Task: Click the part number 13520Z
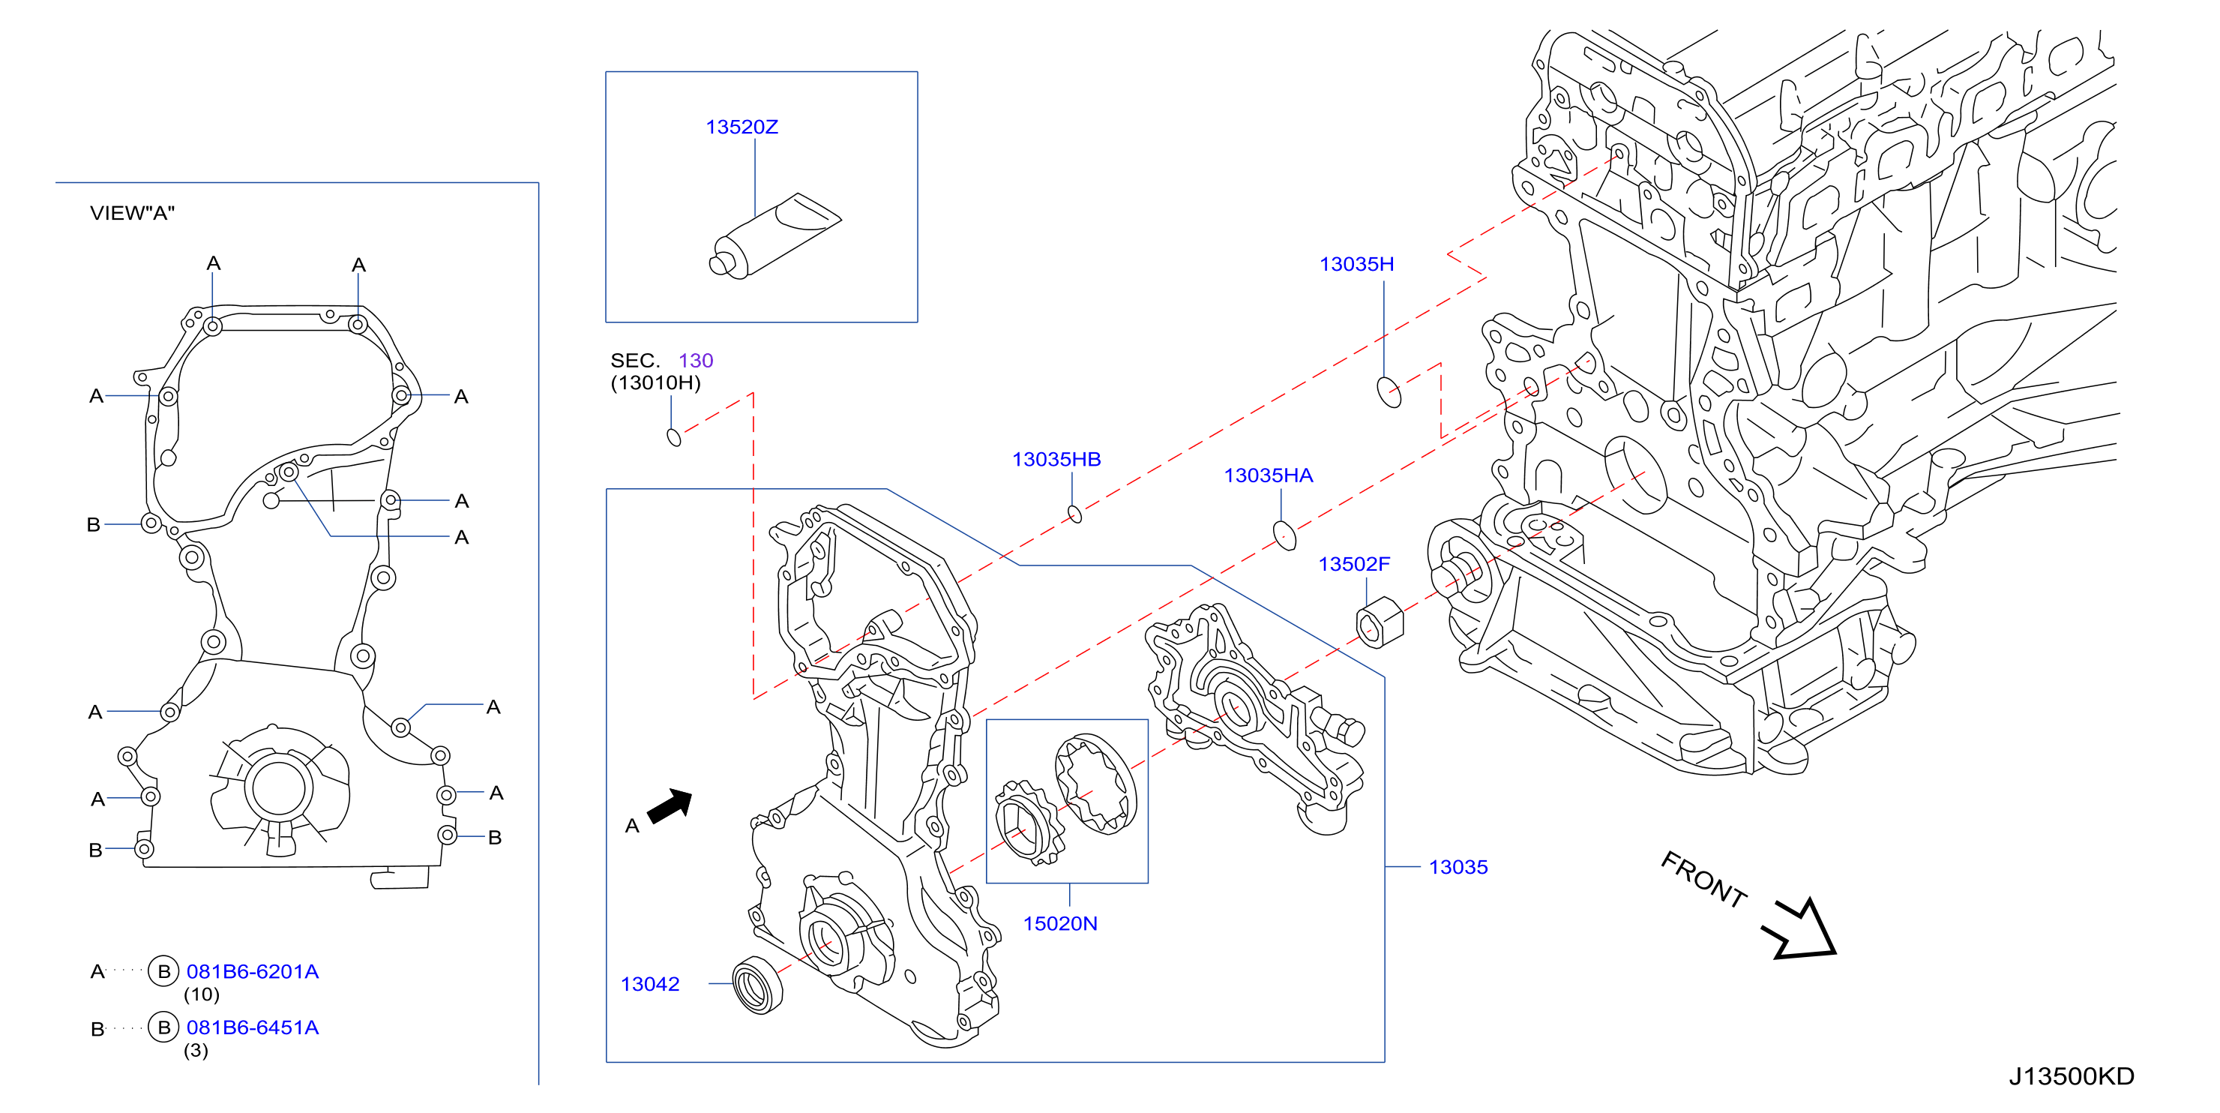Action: click(741, 127)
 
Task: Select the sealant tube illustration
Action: click(774, 235)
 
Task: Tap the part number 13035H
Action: click(1356, 264)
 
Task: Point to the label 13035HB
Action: click(1056, 459)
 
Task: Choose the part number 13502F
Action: click(1354, 564)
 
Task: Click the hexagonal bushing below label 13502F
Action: click(1380, 622)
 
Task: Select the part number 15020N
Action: click(1060, 923)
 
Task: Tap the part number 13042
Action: click(650, 984)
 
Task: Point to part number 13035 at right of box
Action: click(1458, 866)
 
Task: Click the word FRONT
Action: click(1703, 878)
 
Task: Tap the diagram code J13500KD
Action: click(2071, 1076)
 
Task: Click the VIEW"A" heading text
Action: click(132, 213)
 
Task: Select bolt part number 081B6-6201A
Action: click(253, 971)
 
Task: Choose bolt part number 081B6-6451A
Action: click(253, 1027)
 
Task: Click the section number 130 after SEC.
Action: click(696, 360)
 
